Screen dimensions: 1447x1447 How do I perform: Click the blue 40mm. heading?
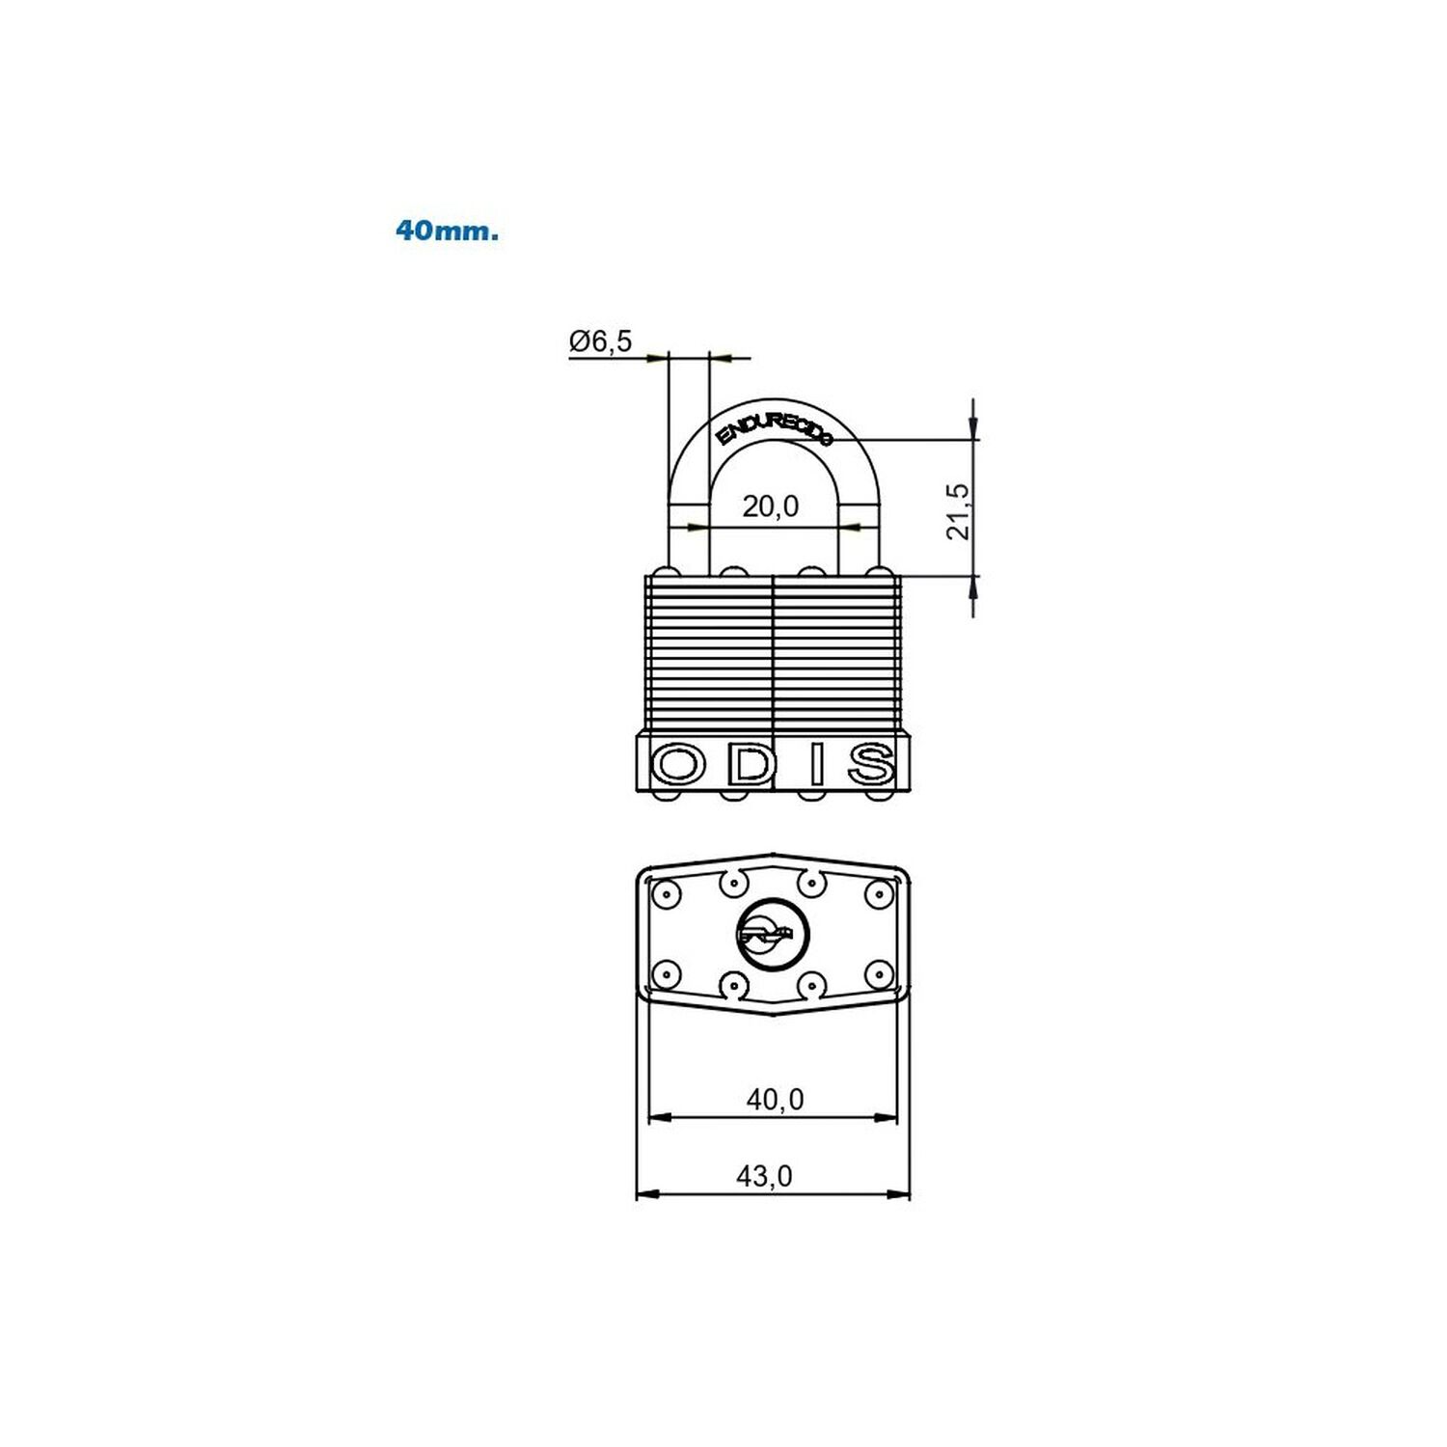point(447,232)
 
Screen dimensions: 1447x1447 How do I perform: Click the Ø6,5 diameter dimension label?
point(600,341)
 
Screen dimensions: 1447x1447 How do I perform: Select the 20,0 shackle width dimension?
point(771,506)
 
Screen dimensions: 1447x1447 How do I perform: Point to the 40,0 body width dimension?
point(775,1099)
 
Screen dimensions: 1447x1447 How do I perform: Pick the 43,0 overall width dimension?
point(764,1176)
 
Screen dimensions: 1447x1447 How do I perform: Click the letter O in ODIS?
point(679,765)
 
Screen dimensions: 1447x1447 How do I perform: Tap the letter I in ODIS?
point(816,765)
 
